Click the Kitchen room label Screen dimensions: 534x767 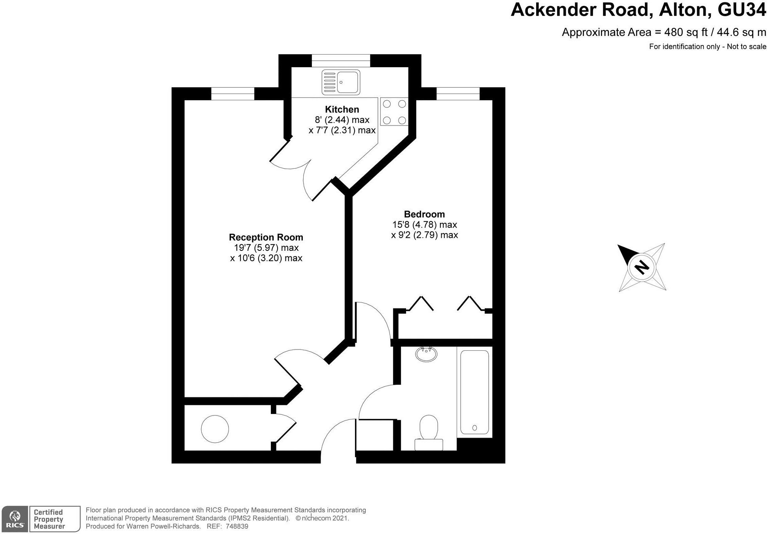[x=342, y=109]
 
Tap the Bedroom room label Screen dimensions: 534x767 [x=424, y=214]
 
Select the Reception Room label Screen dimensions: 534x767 [x=266, y=237]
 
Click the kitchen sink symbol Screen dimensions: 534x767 [x=341, y=82]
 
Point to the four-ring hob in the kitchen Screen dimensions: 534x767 [x=394, y=112]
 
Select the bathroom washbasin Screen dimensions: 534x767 [x=426, y=353]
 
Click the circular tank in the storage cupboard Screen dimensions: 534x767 [x=215, y=429]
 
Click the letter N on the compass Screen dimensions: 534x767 [x=641, y=267]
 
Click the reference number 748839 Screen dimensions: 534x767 [x=236, y=526]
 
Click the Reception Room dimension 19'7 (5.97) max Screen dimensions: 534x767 [x=266, y=248]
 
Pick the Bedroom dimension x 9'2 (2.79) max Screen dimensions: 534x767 [x=424, y=235]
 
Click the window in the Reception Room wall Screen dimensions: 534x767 [x=232, y=94]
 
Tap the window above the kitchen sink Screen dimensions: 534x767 [x=341, y=61]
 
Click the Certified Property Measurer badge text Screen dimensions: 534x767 [x=48, y=519]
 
